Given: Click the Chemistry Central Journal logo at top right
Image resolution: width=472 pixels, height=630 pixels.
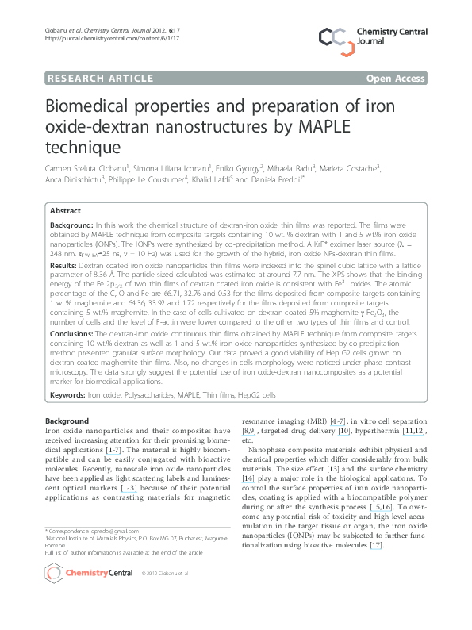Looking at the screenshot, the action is click(384, 36).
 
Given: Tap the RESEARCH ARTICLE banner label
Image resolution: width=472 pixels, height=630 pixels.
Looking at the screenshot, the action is click(101, 78).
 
